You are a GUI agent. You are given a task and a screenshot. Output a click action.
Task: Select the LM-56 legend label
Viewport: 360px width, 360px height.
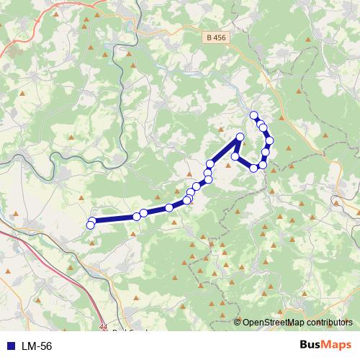(x=37, y=346)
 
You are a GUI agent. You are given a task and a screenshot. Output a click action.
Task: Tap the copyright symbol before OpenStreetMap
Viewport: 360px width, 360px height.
(x=238, y=323)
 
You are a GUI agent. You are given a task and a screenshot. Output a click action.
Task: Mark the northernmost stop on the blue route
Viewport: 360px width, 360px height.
(x=253, y=115)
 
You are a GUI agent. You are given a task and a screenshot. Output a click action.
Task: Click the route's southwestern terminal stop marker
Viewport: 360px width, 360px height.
(x=90, y=225)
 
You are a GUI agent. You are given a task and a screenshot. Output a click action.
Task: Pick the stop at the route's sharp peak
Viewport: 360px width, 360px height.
(x=240, y=138)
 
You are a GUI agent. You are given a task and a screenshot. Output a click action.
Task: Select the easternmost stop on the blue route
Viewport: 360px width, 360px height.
(x=269, y=140)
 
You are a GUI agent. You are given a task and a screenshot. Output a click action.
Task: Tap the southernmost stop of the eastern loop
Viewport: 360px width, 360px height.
(x=253, y=168)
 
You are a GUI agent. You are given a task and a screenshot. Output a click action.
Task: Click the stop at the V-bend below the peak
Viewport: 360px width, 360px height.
(x=235, y=156)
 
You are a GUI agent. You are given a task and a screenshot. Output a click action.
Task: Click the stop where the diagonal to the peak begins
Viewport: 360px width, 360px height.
(x=210, y=164)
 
